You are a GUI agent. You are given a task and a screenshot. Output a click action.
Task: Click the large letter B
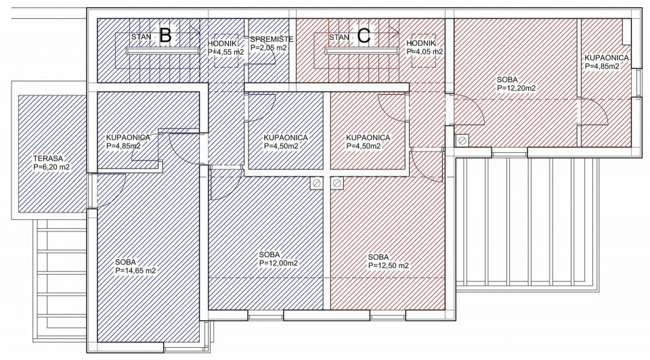coord(165,35)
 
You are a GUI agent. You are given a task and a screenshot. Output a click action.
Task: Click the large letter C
coord(363,36)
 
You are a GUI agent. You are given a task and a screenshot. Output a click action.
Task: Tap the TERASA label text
coord(48,158)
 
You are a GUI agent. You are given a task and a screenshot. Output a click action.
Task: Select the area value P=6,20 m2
coord(51,167)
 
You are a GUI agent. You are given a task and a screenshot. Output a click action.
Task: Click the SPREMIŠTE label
coord(272,39)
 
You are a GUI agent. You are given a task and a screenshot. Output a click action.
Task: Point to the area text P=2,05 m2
coord(269,48)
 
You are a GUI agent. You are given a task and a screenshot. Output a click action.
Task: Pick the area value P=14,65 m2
coord(135,271)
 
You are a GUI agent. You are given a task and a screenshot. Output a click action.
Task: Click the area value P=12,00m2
coord(278,263)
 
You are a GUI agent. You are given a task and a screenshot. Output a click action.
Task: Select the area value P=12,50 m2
coord(389,266)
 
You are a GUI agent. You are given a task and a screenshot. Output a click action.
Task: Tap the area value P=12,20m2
coord(516,88)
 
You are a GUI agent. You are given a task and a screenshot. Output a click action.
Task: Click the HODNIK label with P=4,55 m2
coord(222,43)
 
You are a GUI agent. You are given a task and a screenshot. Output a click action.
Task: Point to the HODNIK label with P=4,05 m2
coord(420,43)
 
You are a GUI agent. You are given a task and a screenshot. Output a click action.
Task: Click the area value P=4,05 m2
coord(425,52)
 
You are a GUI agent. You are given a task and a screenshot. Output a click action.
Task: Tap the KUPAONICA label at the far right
coord(607,58)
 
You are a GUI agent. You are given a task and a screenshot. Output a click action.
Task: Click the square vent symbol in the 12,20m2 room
coord(462,141)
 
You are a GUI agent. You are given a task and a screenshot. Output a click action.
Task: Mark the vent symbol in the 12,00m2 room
coord(317,183)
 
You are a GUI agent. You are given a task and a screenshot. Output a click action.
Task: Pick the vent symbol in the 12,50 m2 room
coord(337,183)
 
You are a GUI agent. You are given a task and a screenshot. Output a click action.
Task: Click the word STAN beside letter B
coord(142,37)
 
